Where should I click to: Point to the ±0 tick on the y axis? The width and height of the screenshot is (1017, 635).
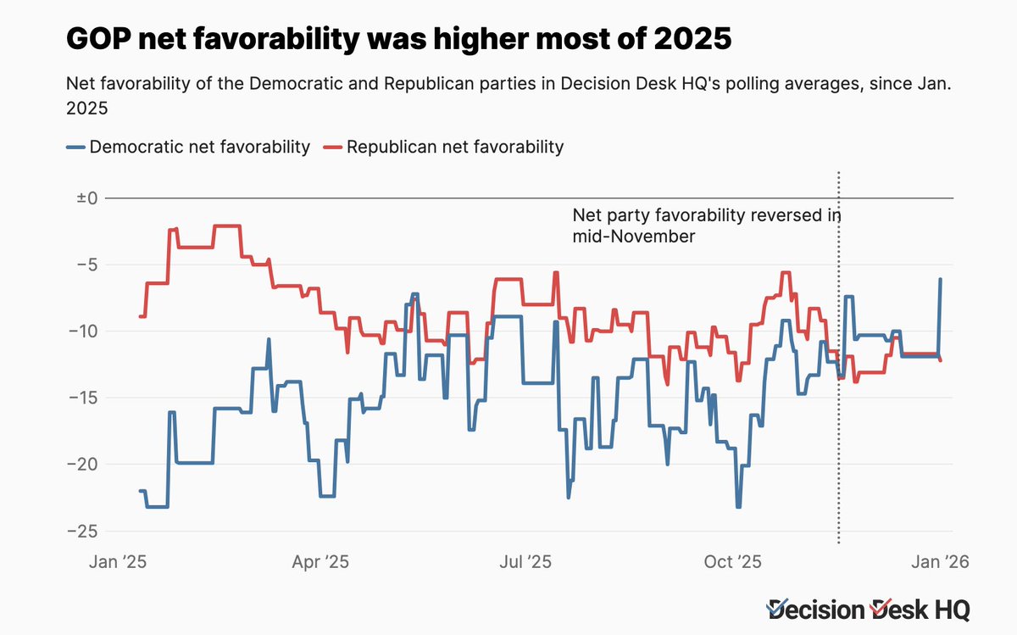87,198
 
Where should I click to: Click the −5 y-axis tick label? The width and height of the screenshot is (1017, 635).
88,265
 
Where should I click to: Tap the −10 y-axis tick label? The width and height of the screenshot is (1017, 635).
84,331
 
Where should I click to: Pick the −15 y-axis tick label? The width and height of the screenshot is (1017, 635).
84,398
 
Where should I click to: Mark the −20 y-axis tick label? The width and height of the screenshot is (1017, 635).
84,465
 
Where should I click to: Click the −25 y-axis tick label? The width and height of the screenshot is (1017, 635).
84,531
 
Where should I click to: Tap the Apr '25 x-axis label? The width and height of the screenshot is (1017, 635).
320,562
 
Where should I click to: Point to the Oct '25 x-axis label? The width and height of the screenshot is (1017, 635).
734,562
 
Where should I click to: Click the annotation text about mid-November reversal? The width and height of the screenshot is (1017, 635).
706,226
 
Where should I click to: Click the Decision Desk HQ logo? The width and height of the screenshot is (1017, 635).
868,608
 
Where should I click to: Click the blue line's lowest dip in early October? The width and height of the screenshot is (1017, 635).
738,506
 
